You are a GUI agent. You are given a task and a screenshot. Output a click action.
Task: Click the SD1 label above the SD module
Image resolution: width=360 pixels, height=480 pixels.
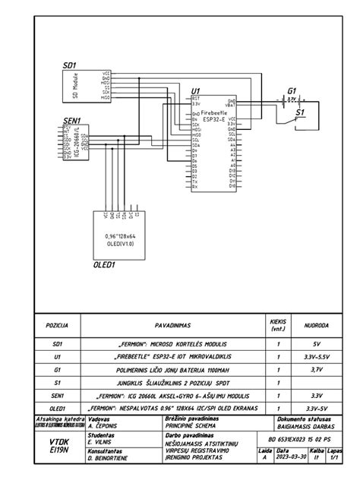point(70,67)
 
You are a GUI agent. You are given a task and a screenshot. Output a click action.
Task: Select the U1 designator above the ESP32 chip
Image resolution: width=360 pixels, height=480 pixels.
point(196,90)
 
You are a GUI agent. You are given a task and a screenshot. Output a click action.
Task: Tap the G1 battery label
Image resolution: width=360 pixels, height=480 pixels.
point(292,90)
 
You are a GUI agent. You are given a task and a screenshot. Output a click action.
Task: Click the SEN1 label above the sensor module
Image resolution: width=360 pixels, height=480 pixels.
point(72,119)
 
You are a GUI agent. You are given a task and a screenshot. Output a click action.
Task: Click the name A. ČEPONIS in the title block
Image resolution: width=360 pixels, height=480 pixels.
point(106,426)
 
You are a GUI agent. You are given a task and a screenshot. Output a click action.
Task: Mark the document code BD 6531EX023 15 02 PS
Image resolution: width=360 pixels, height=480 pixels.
point(301,440)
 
